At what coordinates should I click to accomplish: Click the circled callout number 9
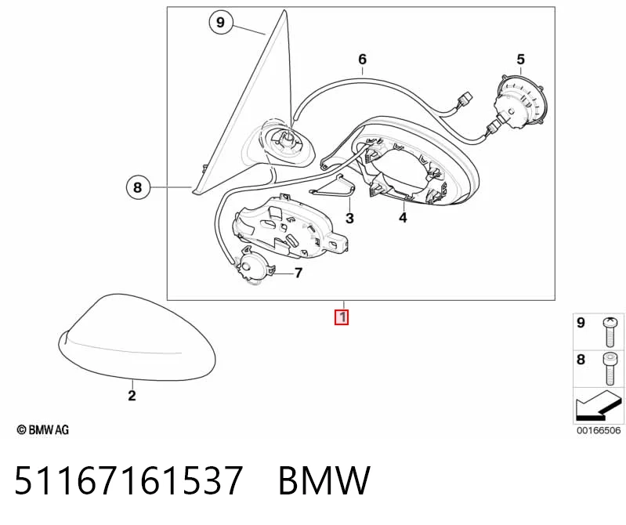(x=221, y=22)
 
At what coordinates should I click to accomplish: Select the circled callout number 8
(x=138, y=187)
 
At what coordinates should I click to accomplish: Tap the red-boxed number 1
(x=342, y=317)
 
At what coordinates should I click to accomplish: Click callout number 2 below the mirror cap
(x=132, y=396)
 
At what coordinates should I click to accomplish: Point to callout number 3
(x=349, y=219)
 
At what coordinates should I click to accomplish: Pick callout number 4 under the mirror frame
(x=403, y=218)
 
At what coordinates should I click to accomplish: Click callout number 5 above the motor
(x=520, y=60)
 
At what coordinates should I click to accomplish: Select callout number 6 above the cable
(x=362, y=59)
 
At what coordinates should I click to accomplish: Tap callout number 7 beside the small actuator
(x=299, y=273)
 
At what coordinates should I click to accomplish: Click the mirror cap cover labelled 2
(x=137, y=338)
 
